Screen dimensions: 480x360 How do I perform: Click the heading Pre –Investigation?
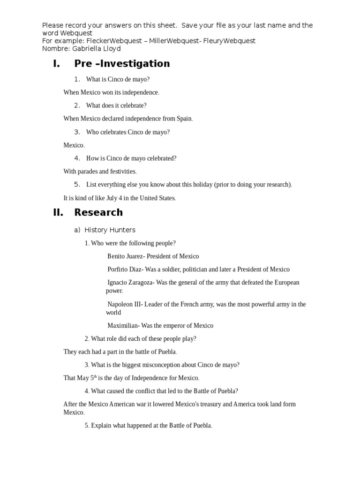point(122,64)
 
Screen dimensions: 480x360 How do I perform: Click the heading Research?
point(98,212)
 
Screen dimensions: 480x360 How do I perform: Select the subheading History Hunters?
point(110,230)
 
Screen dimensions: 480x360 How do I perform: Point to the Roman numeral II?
point(58,212)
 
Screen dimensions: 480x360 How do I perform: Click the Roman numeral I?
point(56,64)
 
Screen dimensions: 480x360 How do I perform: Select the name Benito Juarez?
point(124,256)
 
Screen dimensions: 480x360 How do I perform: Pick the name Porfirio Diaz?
point(124,270)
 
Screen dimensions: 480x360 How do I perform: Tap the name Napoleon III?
point(124,304)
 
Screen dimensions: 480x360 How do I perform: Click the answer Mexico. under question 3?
point(74,145)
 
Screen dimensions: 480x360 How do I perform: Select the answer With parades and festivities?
point(100,172)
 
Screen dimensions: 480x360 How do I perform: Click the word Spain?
point(184,119)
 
